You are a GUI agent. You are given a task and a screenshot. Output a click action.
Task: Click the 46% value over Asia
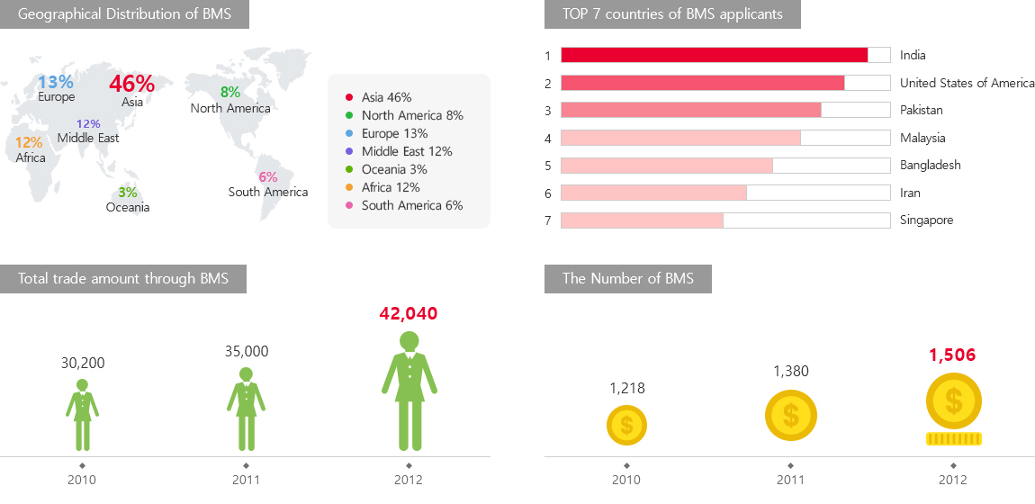pyautogui.click(x=131, y=84)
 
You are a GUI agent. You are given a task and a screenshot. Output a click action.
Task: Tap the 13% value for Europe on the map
pyautogui.click(x=56, y=83)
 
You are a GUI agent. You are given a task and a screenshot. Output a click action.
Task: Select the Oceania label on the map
pyautogui.click(x=128, y=208)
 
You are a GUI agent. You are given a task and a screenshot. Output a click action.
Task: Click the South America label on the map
pyautogui.click(x=268, y=192)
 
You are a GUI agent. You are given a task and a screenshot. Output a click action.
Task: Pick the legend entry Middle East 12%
pyautogui.click(x=407, y=151)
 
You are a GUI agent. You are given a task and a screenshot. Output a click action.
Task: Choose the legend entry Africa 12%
pyautogui.click(x=391, y=187)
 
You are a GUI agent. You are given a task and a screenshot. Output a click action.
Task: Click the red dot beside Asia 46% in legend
pyautogui.click(x=348, y=97)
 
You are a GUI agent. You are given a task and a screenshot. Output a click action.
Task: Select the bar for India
pyautogui.click(x=714, y=55)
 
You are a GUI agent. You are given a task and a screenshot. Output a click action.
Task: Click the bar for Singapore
pyautogui.click(x=642, y=220)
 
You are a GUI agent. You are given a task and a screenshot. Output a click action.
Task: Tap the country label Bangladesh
pyautogui.click(x=931, y=166)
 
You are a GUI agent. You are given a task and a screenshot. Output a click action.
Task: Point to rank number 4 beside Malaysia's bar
pyautogui.click(x=547, y=139)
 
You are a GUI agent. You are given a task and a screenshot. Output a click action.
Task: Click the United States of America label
pyautogui.click(x=967, y=83)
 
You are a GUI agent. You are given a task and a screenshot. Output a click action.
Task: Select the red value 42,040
pyautogui.click(x=409, y=314)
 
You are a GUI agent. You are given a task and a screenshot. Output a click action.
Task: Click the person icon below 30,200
pyautogui.click(x=82, y=415)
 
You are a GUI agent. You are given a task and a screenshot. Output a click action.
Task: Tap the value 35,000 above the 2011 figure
pyautogui.click(x=247, y=352)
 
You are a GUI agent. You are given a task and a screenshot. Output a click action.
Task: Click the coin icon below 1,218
pyautogui.click(x=626, y=425)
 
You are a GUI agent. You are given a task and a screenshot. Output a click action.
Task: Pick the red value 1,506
pyautogui.click(x=952, y=355)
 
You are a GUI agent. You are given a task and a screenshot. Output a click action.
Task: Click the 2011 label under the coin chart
pyautogui.click(x=790, y=480)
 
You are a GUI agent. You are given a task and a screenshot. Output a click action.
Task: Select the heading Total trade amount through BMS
pyautogui.click(x=123, y=279)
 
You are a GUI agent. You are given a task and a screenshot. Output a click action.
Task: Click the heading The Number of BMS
pyautogui.click(x=628, y=279)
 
